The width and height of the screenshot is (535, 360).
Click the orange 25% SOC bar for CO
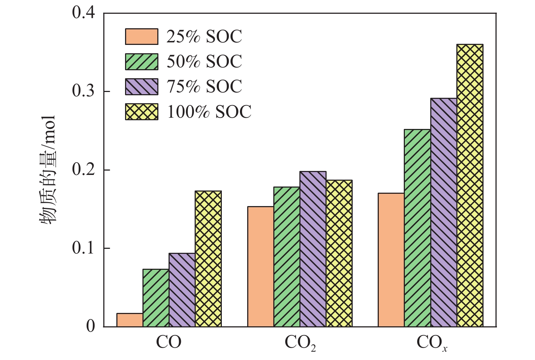tap(130, 320)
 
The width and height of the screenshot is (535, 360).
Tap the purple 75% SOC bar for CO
tap(182, 290)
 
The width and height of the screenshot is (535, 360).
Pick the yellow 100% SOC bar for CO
tap(208, 259)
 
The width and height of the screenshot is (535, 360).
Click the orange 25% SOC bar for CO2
tap(261, 267)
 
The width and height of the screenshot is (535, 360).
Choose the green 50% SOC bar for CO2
tap(287, 257)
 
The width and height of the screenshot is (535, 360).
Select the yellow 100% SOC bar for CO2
tap(339, 253)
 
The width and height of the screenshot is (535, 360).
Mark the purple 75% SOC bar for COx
tap(444, 212)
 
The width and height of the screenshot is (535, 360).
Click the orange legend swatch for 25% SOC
tap(141, 37)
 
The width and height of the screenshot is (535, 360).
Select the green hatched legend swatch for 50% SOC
tap(141, 62)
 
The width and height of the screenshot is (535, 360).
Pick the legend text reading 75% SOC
tap(204, 87)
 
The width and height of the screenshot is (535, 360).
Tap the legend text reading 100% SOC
tap(209, 112)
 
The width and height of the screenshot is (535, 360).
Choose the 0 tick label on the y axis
tap(90, 326)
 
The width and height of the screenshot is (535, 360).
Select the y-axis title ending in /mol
tap(47, 170)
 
